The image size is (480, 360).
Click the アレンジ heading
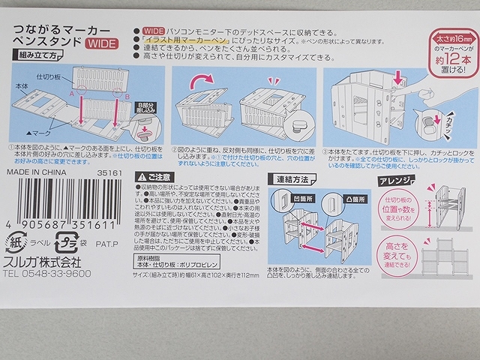coord(393,180)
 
